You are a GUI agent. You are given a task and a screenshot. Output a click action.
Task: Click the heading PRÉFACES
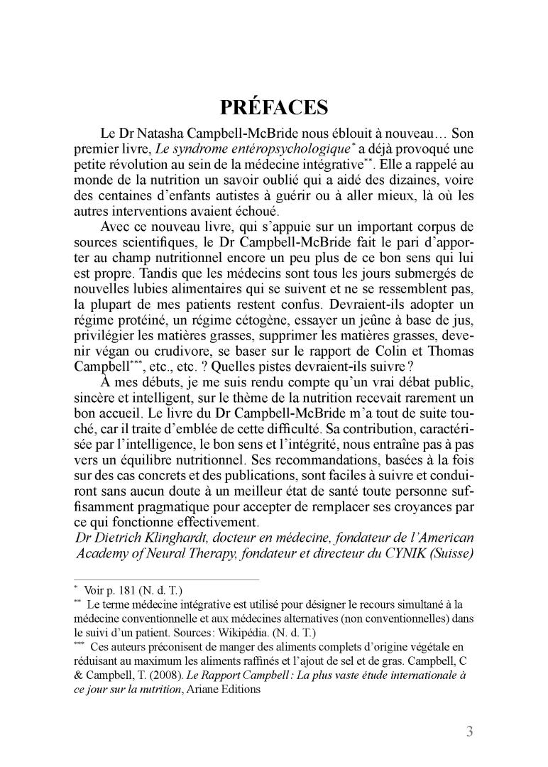(274, 107)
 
